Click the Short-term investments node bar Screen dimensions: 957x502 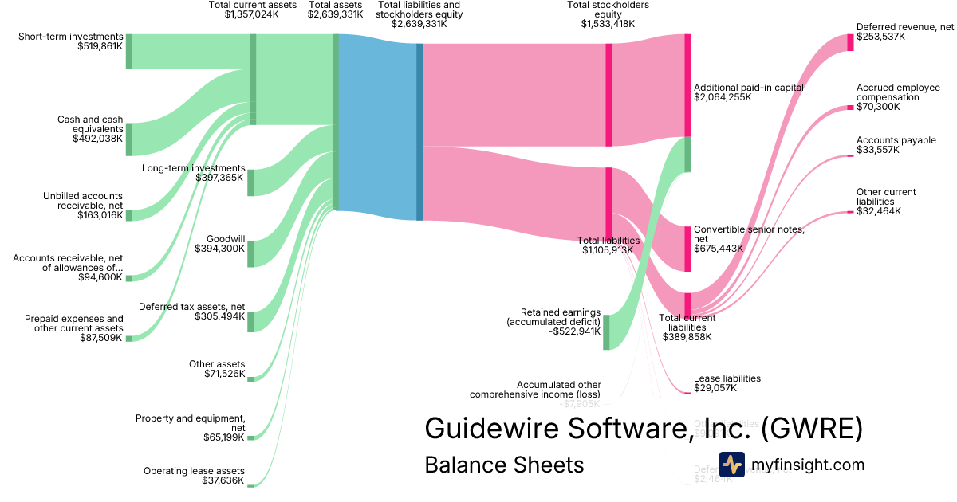(129, 51)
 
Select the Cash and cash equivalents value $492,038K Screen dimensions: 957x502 (97, 139)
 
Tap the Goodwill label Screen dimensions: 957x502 (226, 238)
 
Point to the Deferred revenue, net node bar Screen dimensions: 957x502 (850, 42)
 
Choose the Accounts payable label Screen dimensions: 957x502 (896, 140)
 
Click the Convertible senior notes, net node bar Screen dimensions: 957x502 (687, 249)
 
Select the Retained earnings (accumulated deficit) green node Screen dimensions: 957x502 (606, 331)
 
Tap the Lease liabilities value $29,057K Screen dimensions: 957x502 (715, 389)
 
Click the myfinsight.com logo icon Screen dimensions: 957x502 (731, 465)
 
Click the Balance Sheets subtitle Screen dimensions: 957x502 (504, 465)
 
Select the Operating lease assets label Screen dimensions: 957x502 (194, 471)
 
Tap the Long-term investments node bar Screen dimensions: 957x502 (250, 182)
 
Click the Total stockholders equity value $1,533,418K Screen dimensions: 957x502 (608, 24)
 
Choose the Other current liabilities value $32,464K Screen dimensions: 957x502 (879, 211)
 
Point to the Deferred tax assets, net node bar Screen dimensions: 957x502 (250, 321)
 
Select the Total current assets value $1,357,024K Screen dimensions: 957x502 (252, 14)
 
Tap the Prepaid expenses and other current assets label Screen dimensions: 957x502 (74, 323)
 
